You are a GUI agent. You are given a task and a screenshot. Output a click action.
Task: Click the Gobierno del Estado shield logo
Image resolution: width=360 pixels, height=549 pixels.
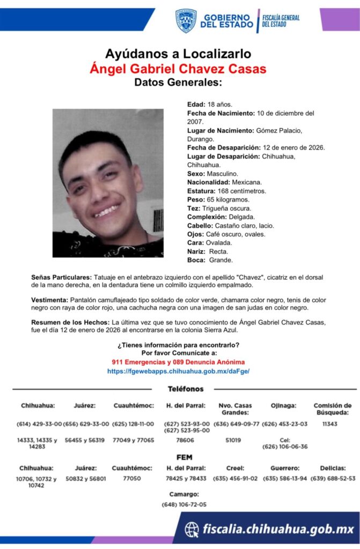pos(186,20)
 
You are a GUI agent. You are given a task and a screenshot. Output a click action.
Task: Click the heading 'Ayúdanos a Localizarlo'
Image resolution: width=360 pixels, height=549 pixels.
pos(178,54)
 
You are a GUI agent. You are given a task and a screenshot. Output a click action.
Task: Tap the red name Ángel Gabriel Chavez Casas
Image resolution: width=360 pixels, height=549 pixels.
pos(178,69)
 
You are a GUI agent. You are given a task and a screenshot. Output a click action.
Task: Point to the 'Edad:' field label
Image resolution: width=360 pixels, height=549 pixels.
pos(195,105)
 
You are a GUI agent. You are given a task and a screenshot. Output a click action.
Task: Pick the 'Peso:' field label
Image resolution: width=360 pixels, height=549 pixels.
pos(196,199)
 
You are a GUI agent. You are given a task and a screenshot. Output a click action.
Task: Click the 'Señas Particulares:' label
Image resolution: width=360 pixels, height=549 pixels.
pos(62,277)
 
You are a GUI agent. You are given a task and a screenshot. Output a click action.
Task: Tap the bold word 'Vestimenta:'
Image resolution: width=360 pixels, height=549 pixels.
pos(50,300)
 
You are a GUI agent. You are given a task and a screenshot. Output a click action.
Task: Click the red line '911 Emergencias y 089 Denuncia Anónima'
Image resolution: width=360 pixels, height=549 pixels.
pos(178,362)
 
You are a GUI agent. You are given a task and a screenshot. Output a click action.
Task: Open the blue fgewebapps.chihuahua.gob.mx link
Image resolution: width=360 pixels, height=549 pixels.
pos(178,371)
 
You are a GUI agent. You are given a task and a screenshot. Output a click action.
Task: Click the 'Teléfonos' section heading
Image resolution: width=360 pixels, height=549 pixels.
pos(186,389)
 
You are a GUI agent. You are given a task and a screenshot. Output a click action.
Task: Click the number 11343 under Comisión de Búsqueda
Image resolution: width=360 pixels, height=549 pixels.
pos(332,424)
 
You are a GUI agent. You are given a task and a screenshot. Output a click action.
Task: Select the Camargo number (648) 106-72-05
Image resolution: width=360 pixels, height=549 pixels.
pos(184,505)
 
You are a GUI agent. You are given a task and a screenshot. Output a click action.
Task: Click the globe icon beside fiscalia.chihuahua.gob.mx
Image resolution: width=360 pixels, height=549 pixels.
pos(192,530)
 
